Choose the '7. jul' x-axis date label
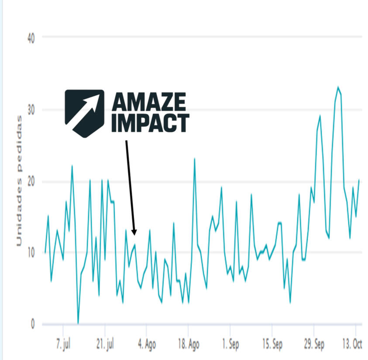click(x=63, y=344)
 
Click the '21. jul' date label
click(x=105, y=344)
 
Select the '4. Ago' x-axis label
click(x=147, y=344)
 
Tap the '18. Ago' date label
click(x=188, y=344)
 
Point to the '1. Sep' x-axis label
click(x=230, y=344)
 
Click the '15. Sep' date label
click(x=272, y=344)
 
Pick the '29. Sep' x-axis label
click(x=313, y=344)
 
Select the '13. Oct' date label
click(x=352, y=344)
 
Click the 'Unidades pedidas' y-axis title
click(x=20, y=181)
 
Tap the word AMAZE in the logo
click(x=149, y=103)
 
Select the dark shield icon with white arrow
click(x=85, y=113)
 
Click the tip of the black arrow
click(x=134, y=234)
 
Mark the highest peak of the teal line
click(x=338, y=87)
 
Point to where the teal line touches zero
click(x=78, y=323)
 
